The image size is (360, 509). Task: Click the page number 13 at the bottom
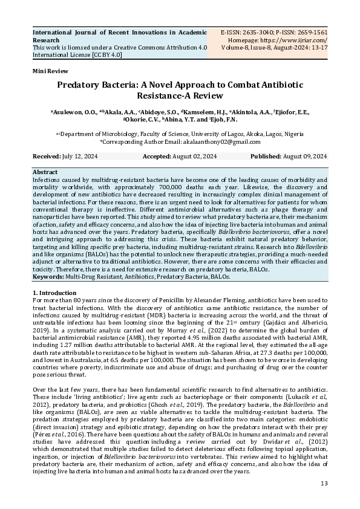click(x=324, y=484)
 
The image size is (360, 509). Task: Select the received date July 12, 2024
click(x=80, y=157)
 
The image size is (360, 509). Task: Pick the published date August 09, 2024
click(x=305, y=157)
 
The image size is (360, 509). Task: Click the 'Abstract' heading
click(x=45, y=172)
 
